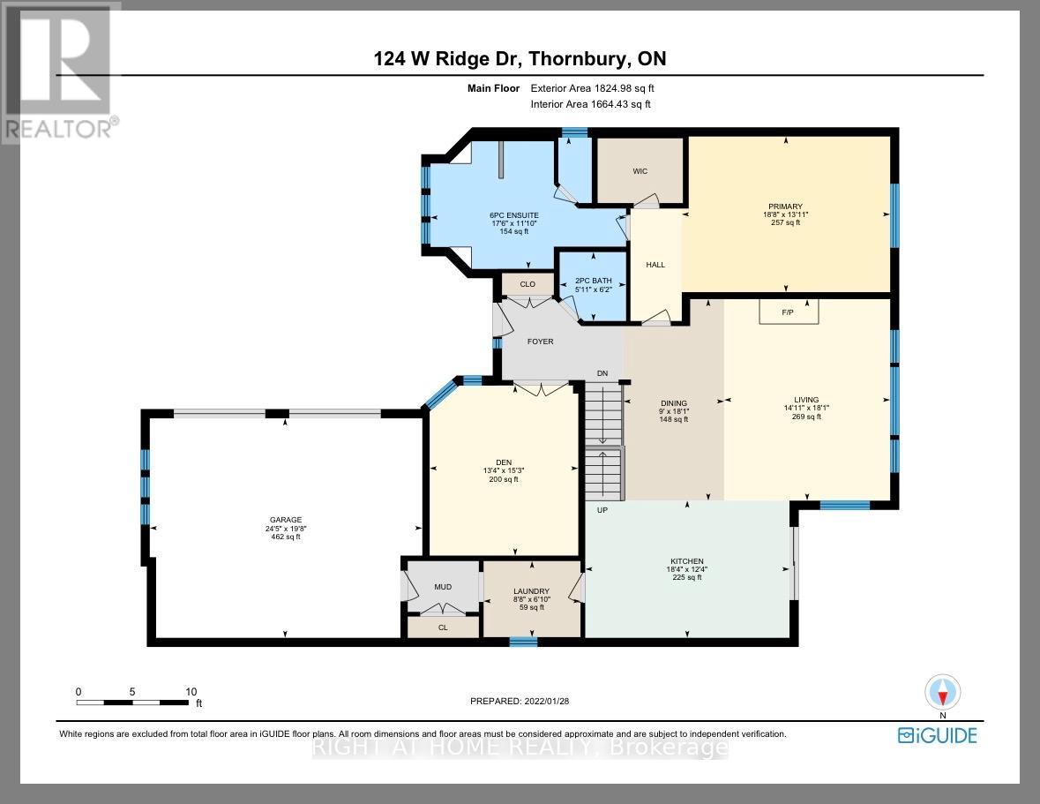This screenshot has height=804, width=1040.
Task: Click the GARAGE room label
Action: [285, 520]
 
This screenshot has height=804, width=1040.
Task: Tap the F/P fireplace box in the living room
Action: [789, 312]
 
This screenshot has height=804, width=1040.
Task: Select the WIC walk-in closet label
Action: [640, 171]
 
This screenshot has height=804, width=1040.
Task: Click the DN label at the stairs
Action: [602, 373]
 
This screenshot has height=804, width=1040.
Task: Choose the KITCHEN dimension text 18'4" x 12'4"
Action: [686, 569]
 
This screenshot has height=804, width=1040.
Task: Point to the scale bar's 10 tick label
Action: [191, 692]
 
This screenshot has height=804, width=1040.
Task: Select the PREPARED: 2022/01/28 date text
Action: [526, 701]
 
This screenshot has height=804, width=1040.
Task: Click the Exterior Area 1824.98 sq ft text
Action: [592, 88]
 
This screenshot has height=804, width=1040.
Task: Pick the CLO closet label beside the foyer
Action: [527, 284]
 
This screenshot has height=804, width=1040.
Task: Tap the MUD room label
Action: [443, 585]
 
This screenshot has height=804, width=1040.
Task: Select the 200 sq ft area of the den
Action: [504, 479]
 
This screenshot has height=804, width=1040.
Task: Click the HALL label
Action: [655, 265]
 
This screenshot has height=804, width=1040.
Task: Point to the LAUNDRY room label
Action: [532, 591]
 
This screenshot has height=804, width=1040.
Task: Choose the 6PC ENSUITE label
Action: [514, 215]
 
